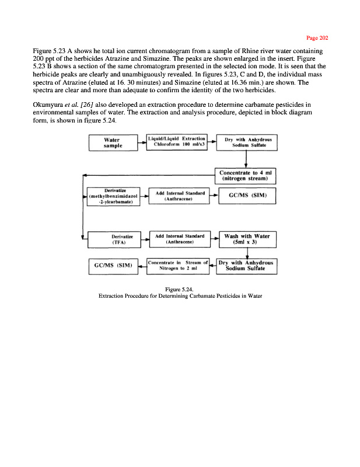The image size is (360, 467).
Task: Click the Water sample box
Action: coord(111,143)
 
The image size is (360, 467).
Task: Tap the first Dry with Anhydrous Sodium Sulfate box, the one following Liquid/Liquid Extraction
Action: coord(248,142)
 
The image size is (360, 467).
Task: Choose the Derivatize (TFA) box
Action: coord(111,239)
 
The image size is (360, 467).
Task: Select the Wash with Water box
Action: coord(247,239)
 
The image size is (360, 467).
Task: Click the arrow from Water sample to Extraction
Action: coord(140,142)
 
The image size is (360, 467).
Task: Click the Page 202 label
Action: coord(318,38)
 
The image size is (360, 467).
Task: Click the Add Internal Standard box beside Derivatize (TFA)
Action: coord(179,239)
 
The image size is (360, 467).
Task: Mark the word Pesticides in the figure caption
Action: coord(220,295)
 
